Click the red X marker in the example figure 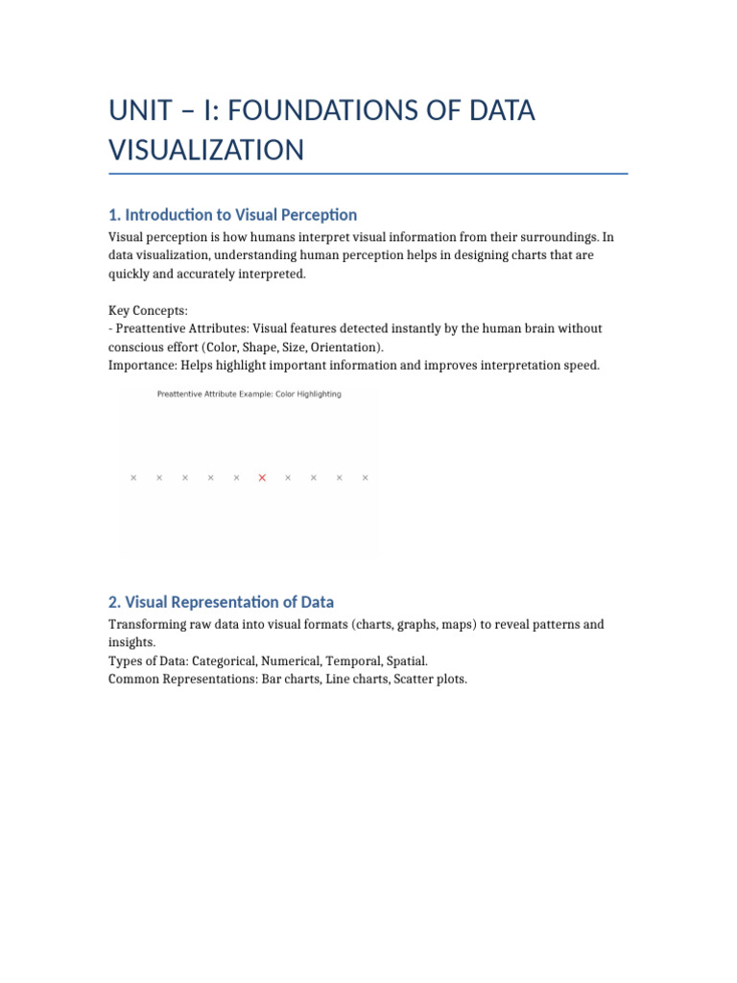(x=262, y=477)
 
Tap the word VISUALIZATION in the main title (x=206, y=150)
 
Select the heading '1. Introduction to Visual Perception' (x=232, y=214)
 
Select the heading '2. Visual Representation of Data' (x=221, y=602)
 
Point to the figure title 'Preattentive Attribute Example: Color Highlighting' (x=249, y=394)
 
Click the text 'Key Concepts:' (x=148, y=310)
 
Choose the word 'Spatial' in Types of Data (x=404, y=660)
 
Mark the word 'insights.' (x=131, y=642)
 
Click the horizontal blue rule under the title (x=368, y=174)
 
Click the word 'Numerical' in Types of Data (x=288, y=660)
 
